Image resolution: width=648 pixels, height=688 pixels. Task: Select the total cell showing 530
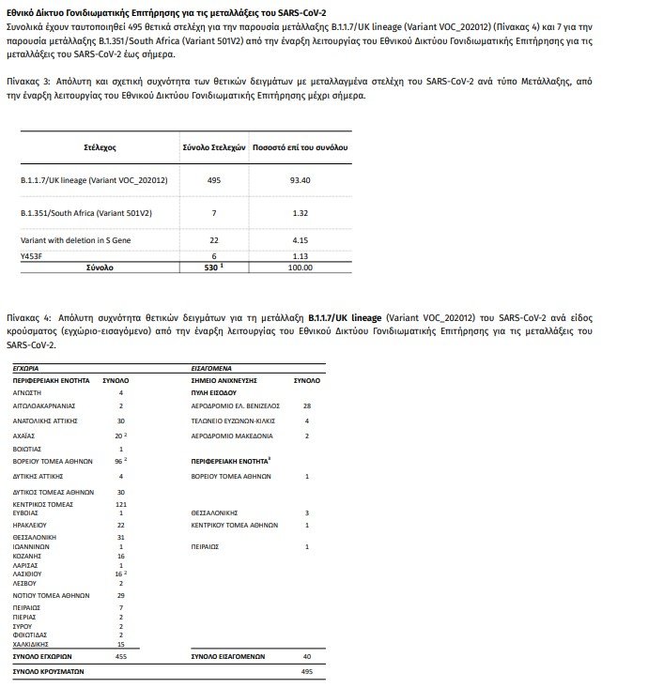pos(212,268)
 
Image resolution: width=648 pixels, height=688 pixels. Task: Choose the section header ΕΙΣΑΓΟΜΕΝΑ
pos(213,370)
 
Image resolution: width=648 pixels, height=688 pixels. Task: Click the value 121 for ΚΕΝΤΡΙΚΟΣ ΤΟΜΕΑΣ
pos(121,504)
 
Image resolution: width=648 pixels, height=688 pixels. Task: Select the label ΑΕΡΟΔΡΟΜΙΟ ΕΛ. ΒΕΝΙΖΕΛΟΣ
pos(236,405)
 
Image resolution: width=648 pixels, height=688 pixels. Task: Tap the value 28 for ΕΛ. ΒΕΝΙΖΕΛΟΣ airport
pos(307,405)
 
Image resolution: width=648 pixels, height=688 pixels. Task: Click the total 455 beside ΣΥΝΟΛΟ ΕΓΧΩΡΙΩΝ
pos(121,656)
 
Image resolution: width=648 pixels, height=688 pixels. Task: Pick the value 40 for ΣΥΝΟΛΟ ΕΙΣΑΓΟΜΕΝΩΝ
pos(307,656)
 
